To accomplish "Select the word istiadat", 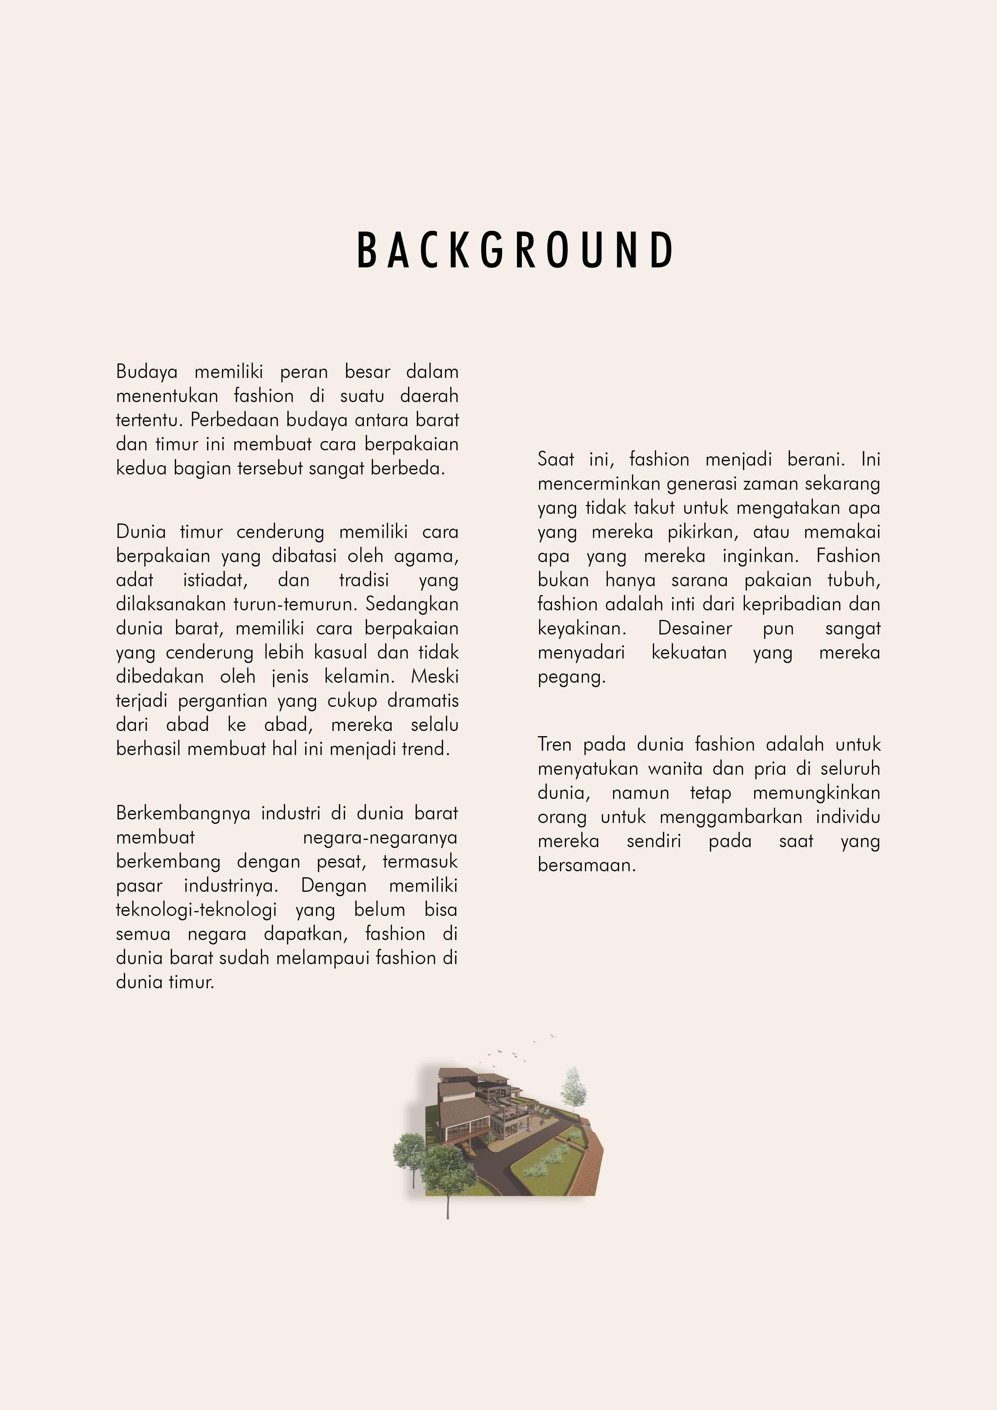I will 215,580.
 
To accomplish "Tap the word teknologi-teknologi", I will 196,909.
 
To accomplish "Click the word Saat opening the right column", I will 555,460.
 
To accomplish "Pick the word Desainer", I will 695,628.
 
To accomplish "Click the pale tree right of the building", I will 573,1090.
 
